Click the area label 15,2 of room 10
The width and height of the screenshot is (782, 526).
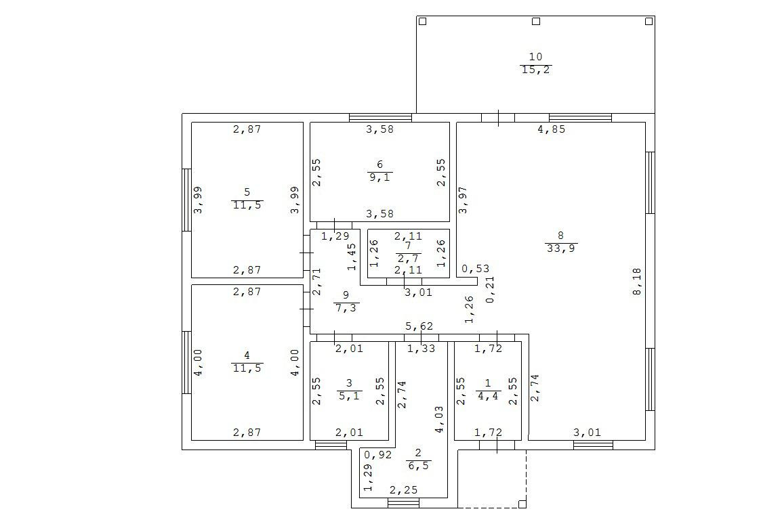point(535,70)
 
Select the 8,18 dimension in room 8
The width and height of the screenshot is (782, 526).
point(636,281)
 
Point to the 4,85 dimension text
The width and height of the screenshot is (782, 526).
point(551,129)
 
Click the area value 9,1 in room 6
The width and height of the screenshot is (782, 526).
point(379,177)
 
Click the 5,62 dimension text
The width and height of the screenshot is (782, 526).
point(419,326)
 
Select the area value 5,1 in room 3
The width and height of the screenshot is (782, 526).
point(349,396)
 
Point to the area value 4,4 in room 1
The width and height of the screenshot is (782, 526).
point(488,396)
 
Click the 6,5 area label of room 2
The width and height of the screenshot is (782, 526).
point(417,466)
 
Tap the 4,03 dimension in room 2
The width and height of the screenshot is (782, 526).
point(439,419)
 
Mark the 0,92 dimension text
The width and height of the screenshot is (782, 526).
point(377,456)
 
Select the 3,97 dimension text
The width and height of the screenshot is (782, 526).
point(464,200)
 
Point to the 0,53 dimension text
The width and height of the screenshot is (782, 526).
point(475,269)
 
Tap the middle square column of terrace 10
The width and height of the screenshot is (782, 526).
point(535,22)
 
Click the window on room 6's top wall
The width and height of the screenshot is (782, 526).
point(380,117)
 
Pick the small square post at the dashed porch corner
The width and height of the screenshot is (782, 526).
point(522,503)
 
